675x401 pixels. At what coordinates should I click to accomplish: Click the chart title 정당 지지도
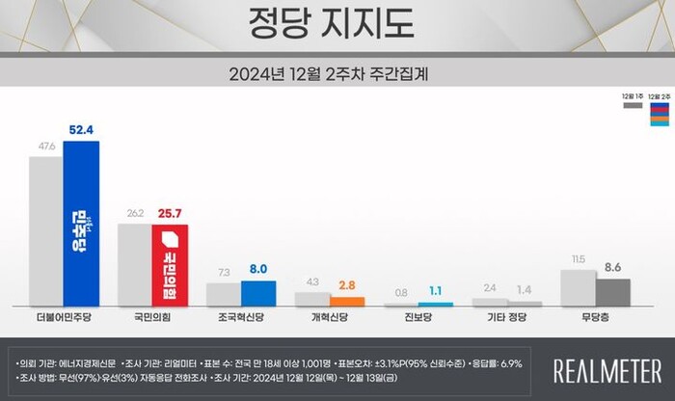coord(337,21)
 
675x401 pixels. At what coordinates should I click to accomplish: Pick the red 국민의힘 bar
coord(170,264)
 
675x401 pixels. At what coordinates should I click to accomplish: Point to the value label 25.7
coord(171,213)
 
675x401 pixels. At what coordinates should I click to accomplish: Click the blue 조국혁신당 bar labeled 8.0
coord(258,292)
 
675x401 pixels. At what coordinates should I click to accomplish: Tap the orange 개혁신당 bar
coord(346,301)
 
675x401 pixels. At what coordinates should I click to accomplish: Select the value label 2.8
coord(346,285)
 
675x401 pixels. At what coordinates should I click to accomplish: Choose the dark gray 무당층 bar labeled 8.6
coord(612,291)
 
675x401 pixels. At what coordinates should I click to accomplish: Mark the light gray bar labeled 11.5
coord(577,287)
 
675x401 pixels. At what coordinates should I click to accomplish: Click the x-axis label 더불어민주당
coord(63,316)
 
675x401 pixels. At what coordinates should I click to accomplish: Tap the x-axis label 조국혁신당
coord(241,316)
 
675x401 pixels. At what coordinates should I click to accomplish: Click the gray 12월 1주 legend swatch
coord(633,107)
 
